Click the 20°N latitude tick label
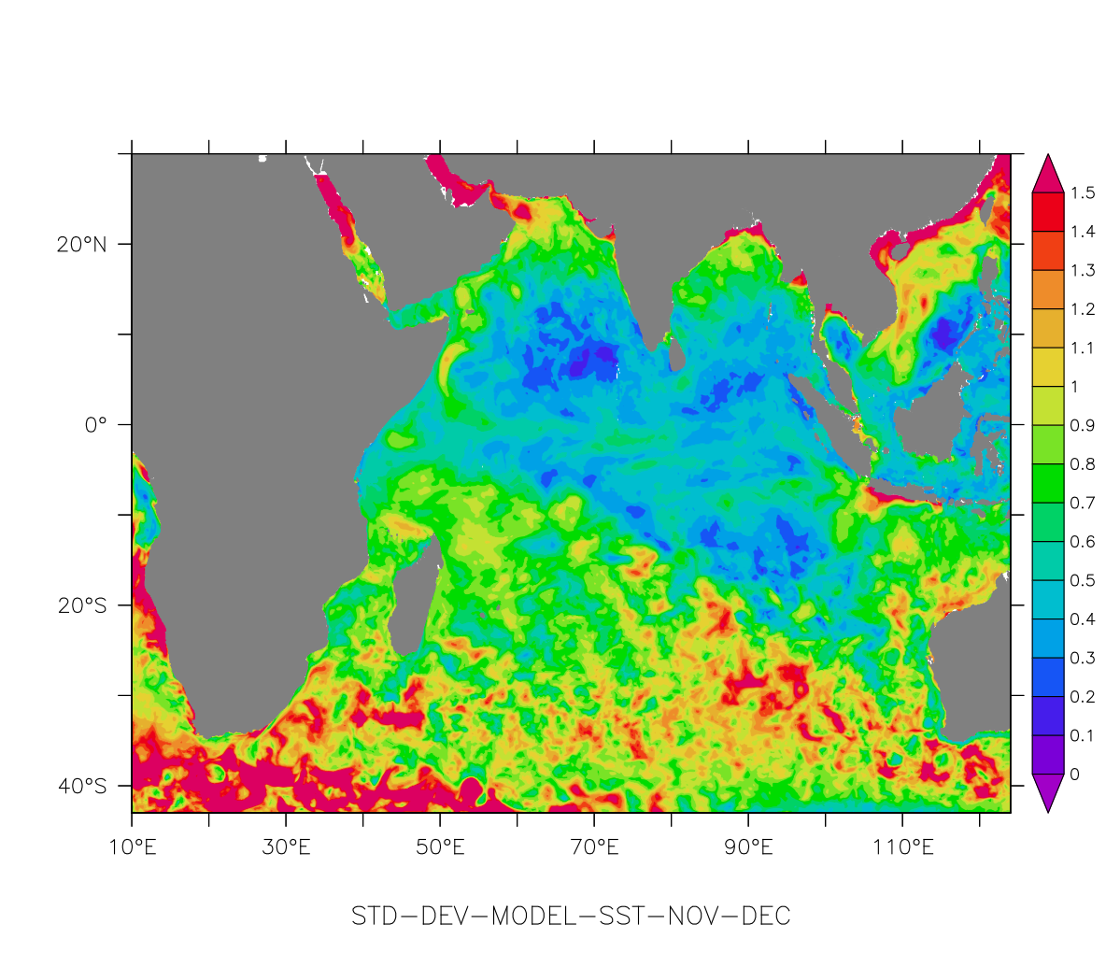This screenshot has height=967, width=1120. point(81,245)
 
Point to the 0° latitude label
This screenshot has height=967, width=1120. point(95,425)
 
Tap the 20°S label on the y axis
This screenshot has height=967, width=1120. point(81,605)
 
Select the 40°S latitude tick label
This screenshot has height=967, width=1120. point(81,786)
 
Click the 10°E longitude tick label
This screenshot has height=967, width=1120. point(132,848)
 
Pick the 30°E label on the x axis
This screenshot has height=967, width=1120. point(286,848)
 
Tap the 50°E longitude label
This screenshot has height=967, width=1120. point(440,848)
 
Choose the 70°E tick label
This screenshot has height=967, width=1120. point(594,848)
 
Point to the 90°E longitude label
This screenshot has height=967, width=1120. point(748,848)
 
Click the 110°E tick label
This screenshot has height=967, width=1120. point(902,848)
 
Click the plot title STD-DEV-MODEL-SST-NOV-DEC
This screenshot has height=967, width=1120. point(571,917)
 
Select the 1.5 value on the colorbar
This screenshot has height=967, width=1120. point(1084,193)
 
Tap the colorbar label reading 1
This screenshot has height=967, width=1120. point(1075,387)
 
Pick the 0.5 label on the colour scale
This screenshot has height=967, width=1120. point(1084,581)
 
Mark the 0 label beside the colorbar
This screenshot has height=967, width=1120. point(1075,775)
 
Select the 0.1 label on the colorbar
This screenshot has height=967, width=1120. point(1084,736)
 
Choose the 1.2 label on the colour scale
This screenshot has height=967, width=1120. point(1084,309)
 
